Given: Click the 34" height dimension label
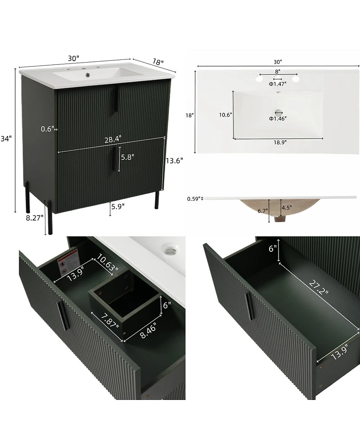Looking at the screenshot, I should point(6,139).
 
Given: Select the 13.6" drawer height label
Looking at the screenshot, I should point(174,161).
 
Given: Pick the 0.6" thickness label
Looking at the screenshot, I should point(47,129).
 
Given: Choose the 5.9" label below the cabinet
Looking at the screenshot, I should point(118,206).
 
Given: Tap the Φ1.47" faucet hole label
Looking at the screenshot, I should point(278,84).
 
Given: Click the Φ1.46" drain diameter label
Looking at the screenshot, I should point(278,118).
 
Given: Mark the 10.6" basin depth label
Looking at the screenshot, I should point(225,115).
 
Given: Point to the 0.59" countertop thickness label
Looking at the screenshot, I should point(193,199).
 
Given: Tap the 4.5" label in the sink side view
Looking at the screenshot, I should point(287,208).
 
